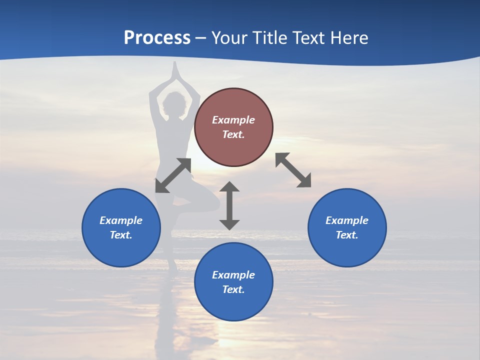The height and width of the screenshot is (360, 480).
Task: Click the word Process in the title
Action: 157,38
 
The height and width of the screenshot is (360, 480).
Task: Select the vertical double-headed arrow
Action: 229,205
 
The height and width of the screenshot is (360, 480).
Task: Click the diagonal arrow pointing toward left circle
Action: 173,175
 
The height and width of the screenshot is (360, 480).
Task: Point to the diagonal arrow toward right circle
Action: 293,170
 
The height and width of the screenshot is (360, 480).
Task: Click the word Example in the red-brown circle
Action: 233,120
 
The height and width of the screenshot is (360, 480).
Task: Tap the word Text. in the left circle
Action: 121,235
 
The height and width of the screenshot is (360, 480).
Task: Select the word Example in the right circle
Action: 347,220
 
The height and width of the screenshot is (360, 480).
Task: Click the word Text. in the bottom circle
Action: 233,289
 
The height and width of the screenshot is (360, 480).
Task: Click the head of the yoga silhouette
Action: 174,104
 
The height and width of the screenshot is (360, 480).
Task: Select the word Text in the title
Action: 308,38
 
